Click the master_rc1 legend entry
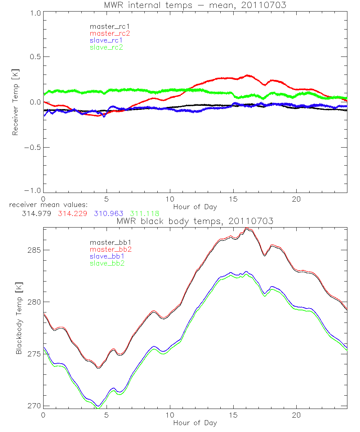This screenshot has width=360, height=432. coord(106,26)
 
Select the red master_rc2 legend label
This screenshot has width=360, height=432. coord(109,33)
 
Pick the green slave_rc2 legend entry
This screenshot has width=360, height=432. coord(106,47)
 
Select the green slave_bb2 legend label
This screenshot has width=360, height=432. coord(105,263)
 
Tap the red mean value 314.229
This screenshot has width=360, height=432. coord(71,213)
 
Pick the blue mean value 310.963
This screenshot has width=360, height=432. coord(108,213)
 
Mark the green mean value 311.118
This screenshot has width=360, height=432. coord(144,213)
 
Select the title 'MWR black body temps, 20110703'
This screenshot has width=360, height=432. coord(195,221)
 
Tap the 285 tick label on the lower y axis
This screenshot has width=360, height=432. coord(33,250)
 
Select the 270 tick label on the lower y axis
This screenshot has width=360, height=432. coord(33,406)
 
